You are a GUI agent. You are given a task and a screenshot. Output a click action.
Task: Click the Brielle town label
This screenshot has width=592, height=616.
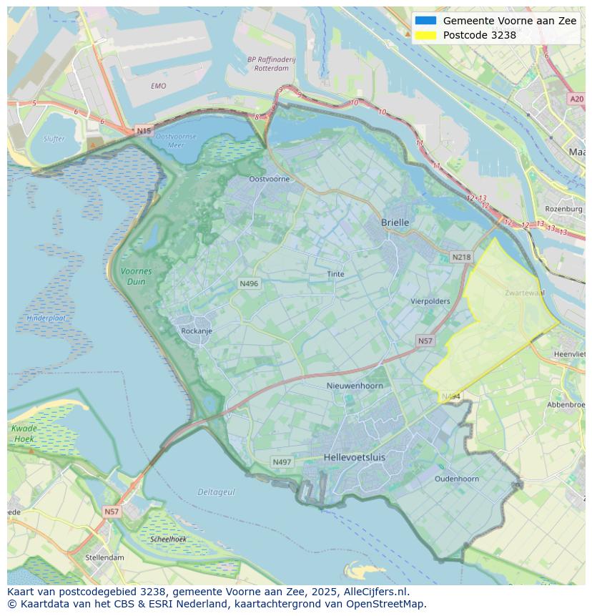tap(395, 223)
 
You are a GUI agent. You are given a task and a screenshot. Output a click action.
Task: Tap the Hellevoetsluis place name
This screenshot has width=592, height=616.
tap(354, 456)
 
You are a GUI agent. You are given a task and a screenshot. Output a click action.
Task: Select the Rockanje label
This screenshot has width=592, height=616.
tap(197, 331)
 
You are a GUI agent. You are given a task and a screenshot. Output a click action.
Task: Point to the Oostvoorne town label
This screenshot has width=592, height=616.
tap(270, 179)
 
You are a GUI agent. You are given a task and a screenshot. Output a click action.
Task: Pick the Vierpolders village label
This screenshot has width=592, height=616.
tap(430, 301)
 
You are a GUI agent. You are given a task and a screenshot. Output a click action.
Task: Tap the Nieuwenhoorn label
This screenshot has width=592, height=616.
tap(355, 386)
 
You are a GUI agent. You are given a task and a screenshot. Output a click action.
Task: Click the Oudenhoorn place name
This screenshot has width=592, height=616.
tap(457, 479)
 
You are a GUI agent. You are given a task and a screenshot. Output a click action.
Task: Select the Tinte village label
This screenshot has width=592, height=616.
tap(335, 274)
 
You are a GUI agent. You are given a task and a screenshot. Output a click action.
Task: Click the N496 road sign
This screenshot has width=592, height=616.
tap(249, 284)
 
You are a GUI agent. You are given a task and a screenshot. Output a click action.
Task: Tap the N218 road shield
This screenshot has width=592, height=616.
tap(462, 257)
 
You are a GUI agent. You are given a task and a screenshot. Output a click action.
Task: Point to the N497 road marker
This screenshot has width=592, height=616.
tap(282, 462)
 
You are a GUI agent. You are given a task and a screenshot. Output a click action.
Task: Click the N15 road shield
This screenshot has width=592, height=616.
tap(144, 131)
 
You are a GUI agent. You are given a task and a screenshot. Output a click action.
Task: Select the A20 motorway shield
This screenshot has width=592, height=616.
tap(576, 99)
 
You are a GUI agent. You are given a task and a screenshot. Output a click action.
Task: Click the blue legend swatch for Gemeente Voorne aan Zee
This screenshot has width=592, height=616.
tap(425, 21)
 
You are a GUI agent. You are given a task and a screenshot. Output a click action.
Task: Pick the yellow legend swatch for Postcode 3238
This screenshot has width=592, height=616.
tap(425, 35)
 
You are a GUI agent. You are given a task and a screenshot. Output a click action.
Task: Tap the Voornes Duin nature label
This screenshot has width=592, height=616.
tap(136, 276)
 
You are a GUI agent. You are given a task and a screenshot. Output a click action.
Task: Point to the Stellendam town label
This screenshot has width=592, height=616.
tap(105, 557)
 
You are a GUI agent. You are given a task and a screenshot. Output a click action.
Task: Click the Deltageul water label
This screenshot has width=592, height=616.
tap(217, 492)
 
